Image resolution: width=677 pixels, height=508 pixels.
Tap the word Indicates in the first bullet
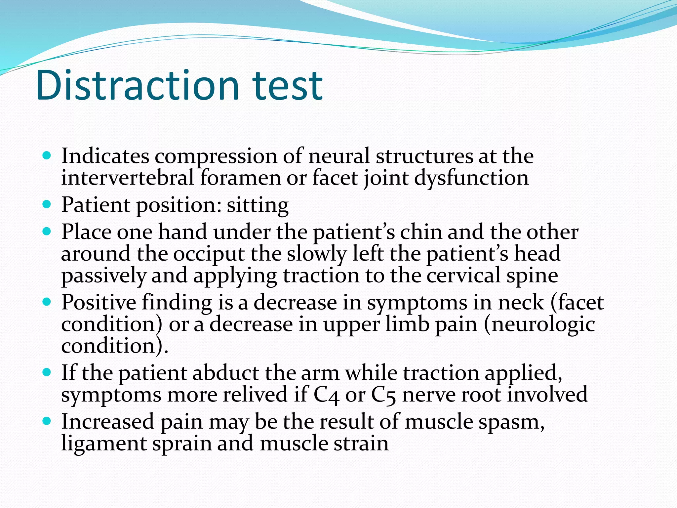point(105,156)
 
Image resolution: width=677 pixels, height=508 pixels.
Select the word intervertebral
point(127,178)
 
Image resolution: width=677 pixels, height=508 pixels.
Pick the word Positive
point(99,302)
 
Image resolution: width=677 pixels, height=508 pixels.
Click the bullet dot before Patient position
point(47,204)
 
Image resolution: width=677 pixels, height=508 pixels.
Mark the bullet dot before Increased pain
point(47,421)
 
